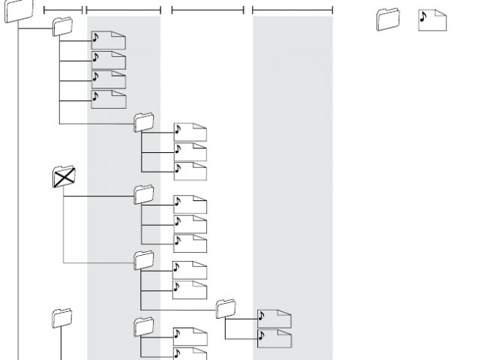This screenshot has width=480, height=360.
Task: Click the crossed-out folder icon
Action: tap(64, 177)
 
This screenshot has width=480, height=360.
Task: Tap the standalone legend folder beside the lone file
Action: tap(387, 19)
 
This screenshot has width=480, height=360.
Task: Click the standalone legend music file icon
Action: tap(433, 19)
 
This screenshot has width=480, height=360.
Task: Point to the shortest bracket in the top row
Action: tap(62, 10)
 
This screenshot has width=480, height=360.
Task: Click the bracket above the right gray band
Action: tap(292, 10)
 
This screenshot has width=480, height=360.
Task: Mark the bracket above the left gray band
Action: tap(124, 10)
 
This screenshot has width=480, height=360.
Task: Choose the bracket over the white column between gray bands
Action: tap(208, 10)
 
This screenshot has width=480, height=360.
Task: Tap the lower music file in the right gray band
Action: tap(274, 338)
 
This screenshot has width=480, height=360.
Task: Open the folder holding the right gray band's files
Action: tap(226, 307)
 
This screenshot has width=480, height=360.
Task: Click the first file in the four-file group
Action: tap(108, 40)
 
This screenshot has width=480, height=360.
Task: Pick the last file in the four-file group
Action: tap(108, 99)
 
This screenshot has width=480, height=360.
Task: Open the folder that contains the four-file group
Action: tap(63, 28)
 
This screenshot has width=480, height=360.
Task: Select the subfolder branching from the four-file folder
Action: tap(143, 121)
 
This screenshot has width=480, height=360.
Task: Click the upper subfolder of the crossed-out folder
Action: tap(143, 193)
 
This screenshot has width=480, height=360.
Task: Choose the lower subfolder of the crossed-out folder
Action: tap(143, 259)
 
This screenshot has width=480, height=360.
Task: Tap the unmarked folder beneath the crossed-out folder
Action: tap(61, 317)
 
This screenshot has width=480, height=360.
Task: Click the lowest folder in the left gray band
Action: tap(143, 325)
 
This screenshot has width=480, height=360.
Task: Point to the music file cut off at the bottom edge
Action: tap(190, 353)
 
